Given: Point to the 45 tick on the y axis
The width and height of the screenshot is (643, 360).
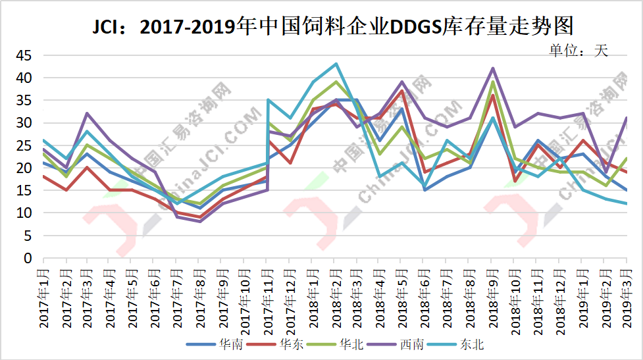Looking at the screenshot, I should coord(24,55).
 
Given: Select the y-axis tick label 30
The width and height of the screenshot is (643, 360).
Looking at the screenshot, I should coord(24,123).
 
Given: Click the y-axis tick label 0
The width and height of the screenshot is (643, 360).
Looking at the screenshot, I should coord(28,258).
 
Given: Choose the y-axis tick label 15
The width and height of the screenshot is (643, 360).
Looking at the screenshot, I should coord(24,191).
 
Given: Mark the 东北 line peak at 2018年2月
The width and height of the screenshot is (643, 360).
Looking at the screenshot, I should coord(336,64).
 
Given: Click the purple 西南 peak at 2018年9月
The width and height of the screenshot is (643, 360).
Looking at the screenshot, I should coord(492,68).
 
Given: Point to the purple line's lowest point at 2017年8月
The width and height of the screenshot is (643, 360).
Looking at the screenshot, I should coord(199,221).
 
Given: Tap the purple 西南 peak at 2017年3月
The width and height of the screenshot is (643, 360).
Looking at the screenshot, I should coord(87,113).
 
